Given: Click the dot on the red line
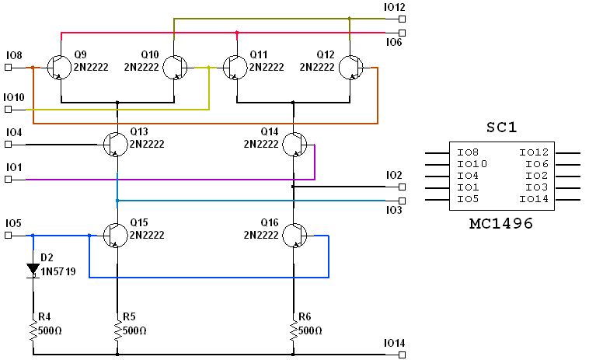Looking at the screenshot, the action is click(237, 33).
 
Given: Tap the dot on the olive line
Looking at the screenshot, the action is click(350, 19).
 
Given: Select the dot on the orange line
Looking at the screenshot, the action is click(33, 68).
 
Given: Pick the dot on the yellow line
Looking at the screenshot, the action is click(209, 68).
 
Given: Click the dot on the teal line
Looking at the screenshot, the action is click(117, 201).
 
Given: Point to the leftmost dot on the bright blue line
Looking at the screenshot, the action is click(33, 236).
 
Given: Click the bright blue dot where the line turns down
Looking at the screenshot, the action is click(89, 236).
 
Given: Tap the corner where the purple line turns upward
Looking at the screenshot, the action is click(315, 180).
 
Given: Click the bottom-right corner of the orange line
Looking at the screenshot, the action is click(378, 124).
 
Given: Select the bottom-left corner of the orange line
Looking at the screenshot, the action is click(33, 124).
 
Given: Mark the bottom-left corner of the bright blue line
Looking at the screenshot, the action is click(89, 278).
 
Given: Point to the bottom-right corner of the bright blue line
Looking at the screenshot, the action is click(329, 278).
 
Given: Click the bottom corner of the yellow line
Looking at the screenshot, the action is click(209, 110).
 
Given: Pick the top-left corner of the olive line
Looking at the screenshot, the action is click(174, 19).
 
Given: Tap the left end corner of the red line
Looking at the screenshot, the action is click(61, 33).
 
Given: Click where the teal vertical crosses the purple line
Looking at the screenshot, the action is click(117, 180).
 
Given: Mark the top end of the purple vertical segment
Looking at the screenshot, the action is click(315, 145).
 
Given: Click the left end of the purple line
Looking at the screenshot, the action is click(26, 180).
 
